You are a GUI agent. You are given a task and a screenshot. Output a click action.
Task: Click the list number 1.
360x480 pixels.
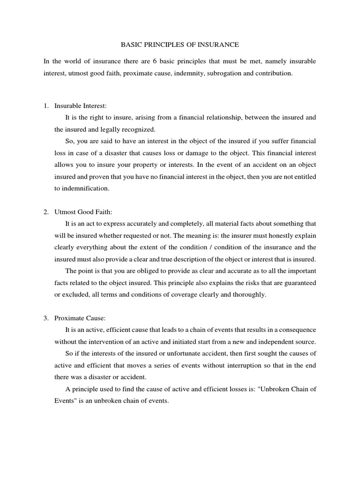point(46,106)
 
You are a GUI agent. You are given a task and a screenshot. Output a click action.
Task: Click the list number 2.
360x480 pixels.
point(46,212)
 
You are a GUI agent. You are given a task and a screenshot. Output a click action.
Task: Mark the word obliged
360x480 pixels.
point(126,270)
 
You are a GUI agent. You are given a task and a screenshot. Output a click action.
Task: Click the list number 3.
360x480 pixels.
point(46,318)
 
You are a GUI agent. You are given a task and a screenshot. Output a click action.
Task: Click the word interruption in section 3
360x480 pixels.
point(221,365)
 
